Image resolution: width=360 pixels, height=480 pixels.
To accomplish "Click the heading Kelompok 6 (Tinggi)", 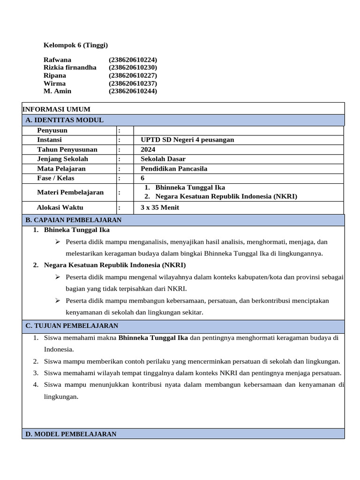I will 75,45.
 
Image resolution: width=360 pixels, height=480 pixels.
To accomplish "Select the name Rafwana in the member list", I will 57,60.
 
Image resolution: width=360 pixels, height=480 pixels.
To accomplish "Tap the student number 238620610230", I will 133,67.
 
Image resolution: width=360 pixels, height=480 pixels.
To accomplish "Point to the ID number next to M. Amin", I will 133,91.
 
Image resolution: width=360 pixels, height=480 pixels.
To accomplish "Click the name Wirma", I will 54,83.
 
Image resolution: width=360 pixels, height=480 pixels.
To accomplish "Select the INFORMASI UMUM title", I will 57,109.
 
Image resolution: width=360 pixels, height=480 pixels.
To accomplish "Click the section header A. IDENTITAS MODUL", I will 65,120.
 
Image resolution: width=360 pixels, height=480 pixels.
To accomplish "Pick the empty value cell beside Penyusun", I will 238,130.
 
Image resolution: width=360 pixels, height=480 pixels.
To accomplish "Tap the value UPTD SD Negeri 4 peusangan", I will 187,140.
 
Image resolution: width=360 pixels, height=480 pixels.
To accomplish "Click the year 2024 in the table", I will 148,150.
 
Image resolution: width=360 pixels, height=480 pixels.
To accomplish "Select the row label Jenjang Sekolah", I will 62,159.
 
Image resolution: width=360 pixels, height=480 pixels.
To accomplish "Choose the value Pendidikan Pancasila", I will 174,169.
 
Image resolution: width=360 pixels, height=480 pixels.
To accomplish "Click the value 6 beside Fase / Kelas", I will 142,178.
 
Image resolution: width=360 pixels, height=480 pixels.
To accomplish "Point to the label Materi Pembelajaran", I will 71,192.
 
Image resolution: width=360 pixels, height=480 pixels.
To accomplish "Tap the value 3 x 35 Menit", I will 160,208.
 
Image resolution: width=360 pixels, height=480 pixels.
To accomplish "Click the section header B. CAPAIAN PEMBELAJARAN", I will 74,220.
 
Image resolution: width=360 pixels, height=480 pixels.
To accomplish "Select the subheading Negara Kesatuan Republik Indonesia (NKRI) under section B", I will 109,265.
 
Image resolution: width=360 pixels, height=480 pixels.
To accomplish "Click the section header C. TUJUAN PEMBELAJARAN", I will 72,326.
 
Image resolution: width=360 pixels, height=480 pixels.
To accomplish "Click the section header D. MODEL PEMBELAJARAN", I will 71,434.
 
